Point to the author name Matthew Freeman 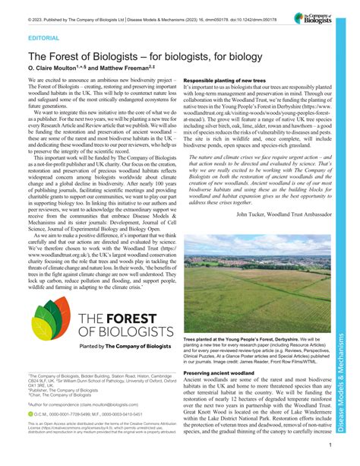click(128, 67)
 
